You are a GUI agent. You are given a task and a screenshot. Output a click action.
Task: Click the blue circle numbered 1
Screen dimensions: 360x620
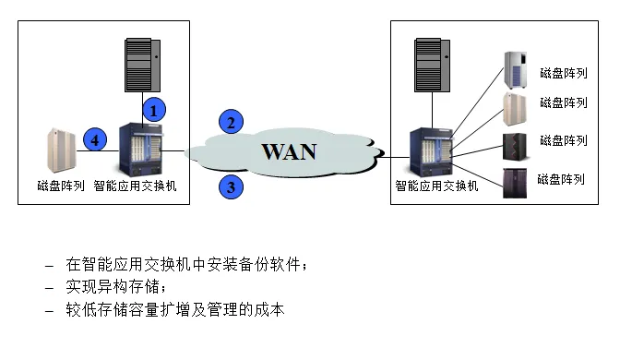coord(156,109)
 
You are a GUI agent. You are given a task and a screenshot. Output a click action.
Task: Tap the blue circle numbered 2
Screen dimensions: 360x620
coord(232,121)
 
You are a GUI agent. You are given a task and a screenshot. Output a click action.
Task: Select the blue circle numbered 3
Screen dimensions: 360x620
coord(232,187)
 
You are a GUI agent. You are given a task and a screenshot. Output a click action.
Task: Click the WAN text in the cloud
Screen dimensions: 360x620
coord(288,151)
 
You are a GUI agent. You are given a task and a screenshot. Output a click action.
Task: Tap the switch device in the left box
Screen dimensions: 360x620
coord(141,151)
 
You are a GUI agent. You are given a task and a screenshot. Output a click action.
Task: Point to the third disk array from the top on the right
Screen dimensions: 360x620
coord(515,148)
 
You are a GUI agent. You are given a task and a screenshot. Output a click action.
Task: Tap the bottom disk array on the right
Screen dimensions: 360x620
coord(515,183)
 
